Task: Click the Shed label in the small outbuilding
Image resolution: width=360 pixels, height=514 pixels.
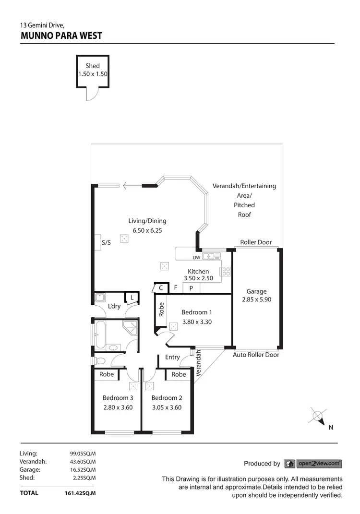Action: tap(93, 66)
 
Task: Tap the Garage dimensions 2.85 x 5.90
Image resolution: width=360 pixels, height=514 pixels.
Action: tap(256, 299)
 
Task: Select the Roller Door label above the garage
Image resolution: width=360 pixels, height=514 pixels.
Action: tap(256, 242)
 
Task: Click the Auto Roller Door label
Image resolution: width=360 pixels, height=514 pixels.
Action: tap(256, 355)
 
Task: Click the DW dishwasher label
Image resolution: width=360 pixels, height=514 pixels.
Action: tap(196, 257)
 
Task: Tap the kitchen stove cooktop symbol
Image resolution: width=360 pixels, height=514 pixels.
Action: tap(225, 271)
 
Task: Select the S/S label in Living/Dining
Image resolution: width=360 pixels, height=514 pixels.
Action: tap(106, 243)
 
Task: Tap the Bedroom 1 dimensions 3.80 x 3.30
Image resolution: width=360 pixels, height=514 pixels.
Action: tap(197, 322)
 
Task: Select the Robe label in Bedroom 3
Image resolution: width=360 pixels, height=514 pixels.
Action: tap(107, 374)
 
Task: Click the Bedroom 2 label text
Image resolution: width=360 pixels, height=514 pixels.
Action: tap(167, 398)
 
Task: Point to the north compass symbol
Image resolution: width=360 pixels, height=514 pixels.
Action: tap(317, 416)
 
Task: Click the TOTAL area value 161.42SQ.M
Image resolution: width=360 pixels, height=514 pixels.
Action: tap(80, 493)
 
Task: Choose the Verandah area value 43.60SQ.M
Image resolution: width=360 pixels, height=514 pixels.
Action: tap(83, 461)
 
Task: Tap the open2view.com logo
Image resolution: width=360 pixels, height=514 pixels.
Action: tap(313, 464)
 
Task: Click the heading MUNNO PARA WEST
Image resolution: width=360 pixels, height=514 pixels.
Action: tap(61, 36)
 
